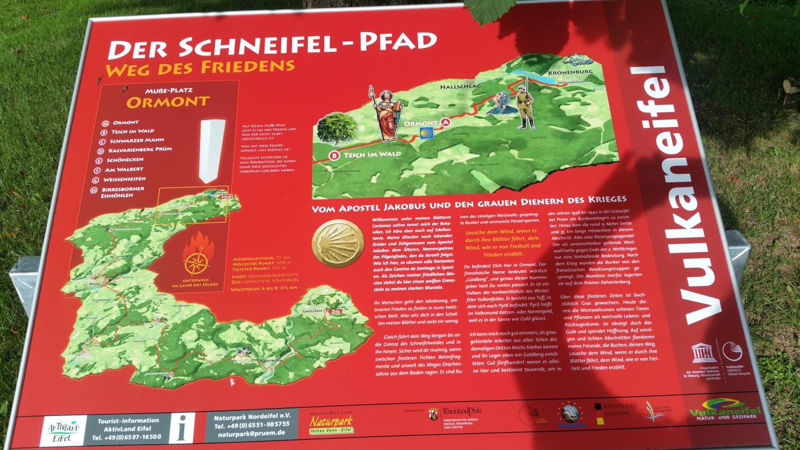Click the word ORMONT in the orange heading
click(x=168, y=102)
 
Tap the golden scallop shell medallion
click(x=338, y=242)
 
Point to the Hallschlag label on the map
click(x=460, y=86)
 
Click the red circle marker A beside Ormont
click(x=446, y=122)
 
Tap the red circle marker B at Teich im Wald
click(x=334, y=156)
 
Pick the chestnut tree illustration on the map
click(x=337, y=129)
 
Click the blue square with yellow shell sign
click(x=426, y=133)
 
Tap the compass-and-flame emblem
click(x=197, y=258)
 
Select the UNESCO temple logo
click(x=703, y=353)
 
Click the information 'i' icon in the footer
click(x=181, y=428)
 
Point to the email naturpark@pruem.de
click(x=251, y=433)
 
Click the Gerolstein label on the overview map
click(x=313, y=311)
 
